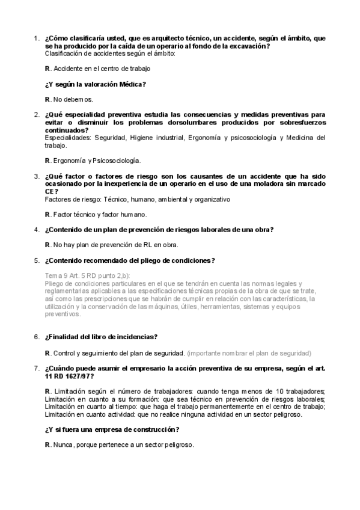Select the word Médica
130,84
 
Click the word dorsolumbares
183,122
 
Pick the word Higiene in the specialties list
142,138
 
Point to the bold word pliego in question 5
142,260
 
